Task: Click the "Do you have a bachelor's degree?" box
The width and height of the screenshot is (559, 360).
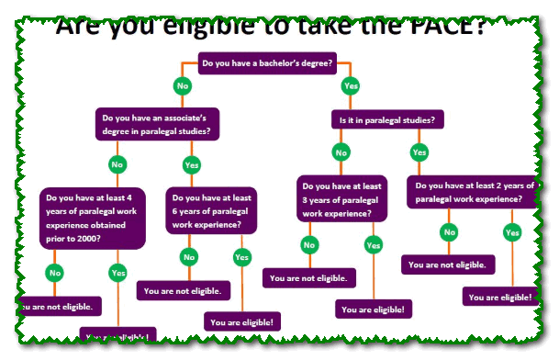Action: coord(266,63)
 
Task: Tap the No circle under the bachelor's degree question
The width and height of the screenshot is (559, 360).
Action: coord(182,85)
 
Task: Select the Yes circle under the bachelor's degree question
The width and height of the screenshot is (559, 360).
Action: coord(349,85)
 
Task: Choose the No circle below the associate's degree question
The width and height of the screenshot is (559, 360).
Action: coord(117,165)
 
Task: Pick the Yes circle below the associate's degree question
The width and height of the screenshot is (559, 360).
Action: coord(191,165)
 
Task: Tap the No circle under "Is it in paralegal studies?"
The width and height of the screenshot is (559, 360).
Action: coord(341,152)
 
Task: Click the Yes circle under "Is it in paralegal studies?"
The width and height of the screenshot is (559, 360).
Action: coord(419,152)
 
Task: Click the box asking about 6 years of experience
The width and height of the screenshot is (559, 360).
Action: coord(211,210)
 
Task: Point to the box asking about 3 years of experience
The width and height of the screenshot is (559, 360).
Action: coord(341,199)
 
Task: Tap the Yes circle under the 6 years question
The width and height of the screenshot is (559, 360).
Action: coord(241,257)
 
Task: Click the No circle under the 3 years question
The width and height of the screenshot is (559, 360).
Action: coord(309,245)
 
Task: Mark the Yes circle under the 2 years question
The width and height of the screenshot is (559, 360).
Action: coord(512,233)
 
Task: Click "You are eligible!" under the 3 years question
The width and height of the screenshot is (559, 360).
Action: coord(373,309)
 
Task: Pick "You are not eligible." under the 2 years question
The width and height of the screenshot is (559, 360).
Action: coord(448,264)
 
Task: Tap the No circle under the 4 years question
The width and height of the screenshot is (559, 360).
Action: coord(55,273)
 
